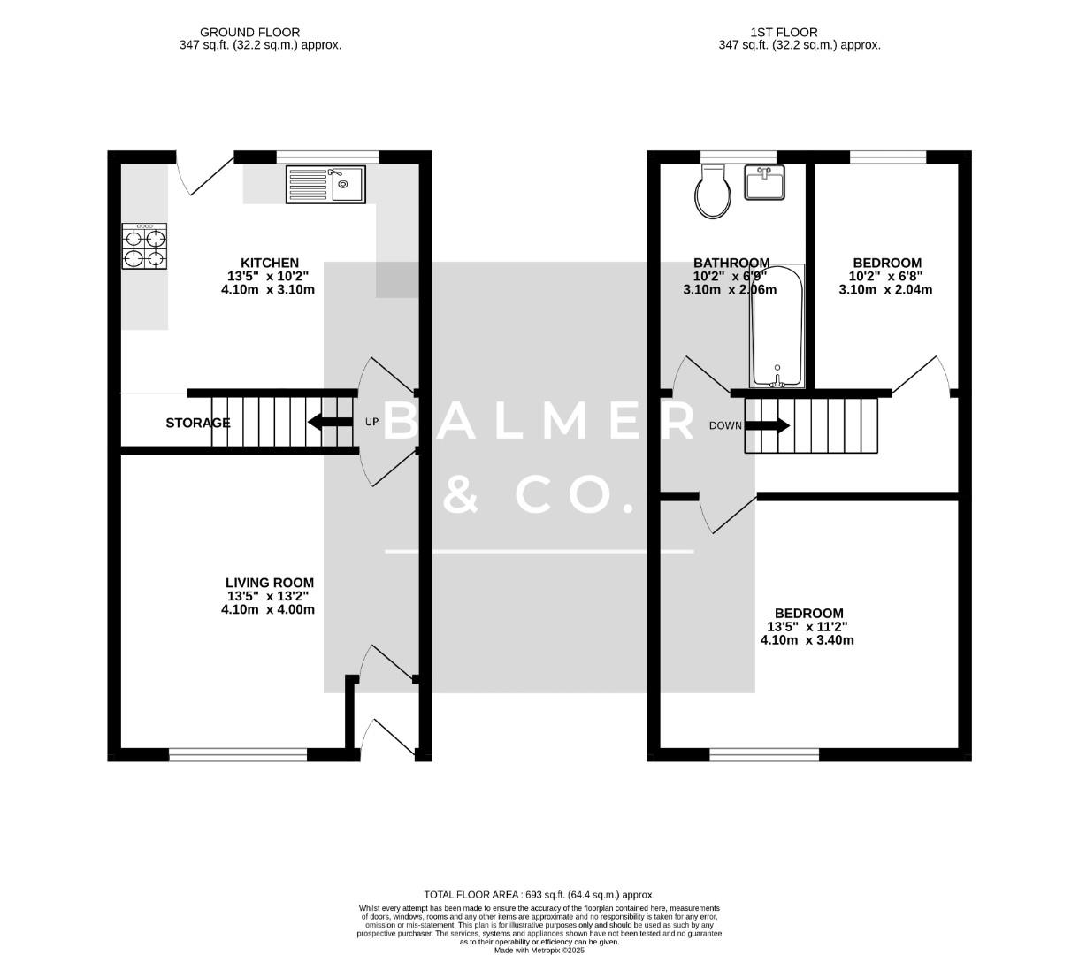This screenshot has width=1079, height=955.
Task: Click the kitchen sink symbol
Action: click(325, 185)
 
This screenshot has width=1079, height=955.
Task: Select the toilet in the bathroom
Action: click(713, 192)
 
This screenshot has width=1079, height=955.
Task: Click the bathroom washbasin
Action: click(765, 183)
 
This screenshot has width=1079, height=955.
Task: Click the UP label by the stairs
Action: click(371, 422)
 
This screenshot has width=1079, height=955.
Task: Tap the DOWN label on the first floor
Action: click(725, 425)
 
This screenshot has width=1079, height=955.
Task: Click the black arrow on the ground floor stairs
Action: click(329, 422)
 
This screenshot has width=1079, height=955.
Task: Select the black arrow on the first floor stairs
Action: click(768, 425)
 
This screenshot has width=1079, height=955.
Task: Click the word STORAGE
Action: click(198, 423)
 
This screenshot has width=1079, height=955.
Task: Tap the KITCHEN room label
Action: click(270, 263)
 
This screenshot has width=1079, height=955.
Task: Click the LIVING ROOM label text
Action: click(269, 583)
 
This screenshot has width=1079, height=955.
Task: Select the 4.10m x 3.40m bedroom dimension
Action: click(807, 640)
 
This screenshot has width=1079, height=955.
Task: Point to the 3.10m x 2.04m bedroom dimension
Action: click(886, 289)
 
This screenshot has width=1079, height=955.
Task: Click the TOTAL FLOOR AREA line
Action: click(539, 895)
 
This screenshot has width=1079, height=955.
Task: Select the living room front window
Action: click(238, 754)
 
